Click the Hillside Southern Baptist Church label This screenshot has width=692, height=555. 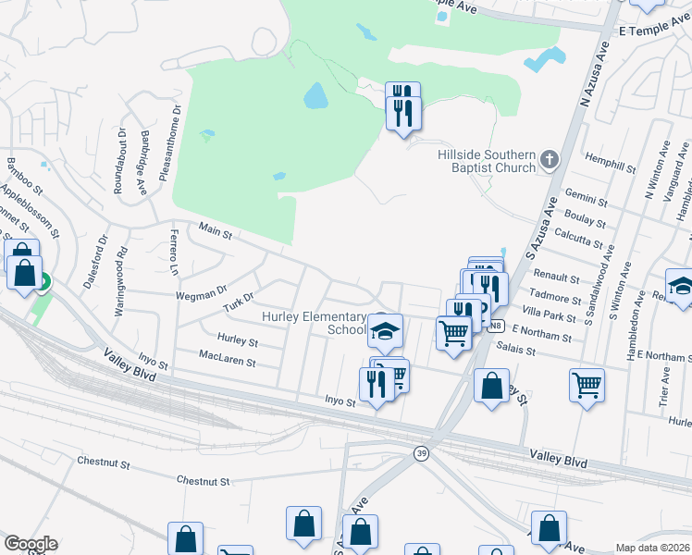(x=487, y=161)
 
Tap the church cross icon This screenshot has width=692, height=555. (x=550, y=160)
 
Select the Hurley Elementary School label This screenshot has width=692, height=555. (x=315, y=323)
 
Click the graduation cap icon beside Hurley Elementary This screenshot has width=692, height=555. (x=385, y=328)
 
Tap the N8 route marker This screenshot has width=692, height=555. (x=497, y=326)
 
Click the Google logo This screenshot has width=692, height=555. (x=31, y=545)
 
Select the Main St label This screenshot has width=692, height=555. (x=215, y=230)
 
